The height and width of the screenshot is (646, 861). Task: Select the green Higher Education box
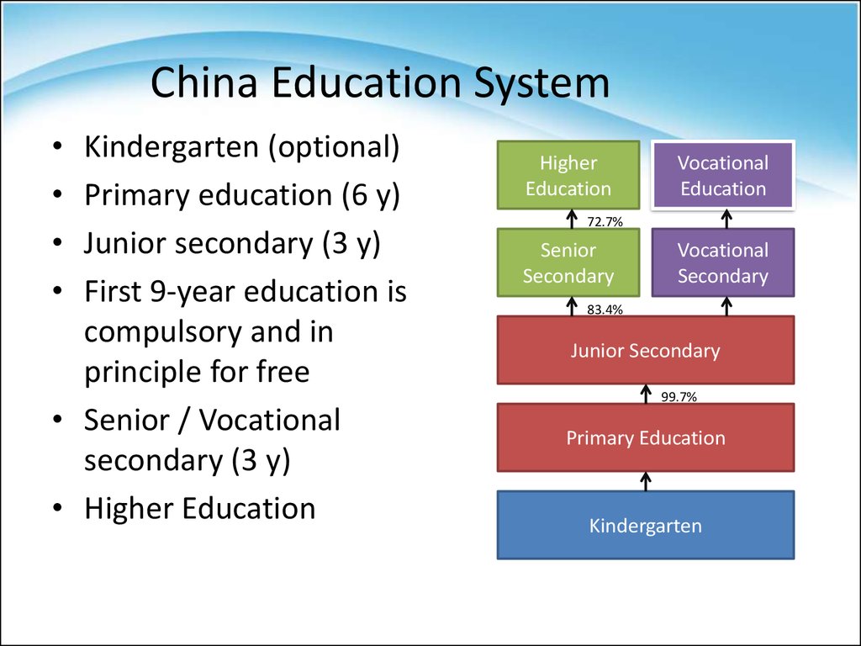pyautogui.click(x=568, y=176)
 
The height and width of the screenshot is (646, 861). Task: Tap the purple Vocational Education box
pyautogui.click(x=723, y=176)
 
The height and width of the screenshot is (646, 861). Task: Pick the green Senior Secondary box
pyautogui.click(x=568, y=262)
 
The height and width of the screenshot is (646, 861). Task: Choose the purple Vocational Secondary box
pyautogui.click(x=723, y=262)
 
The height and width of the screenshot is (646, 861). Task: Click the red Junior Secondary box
pyautogui.click(x=645, y=350)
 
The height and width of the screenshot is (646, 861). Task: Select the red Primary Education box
pyautogui.click(x=645, y=437)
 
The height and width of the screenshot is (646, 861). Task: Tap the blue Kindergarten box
pyautogui.click(x=645, y=526)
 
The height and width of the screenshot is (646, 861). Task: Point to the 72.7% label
pyautogui.click(x=605, y=222)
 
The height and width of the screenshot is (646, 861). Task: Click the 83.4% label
pyautogui.click(x=605, y=310)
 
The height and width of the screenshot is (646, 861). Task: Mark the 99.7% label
pyautogui.click(x=679, y=397)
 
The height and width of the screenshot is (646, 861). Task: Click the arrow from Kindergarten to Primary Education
pyautogui.click(x=646, y=481)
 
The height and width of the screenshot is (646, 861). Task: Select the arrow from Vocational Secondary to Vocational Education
pyautogui.click(x=726, y=219)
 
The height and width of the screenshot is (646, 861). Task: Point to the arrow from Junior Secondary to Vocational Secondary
pyautogui.click(x=726, y=306)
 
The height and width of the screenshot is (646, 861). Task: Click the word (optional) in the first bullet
pyautogui.click(x=334, y=148)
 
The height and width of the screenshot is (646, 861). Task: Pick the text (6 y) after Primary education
pyautogui.click(x=371, y=196)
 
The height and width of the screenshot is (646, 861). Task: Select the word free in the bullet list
pyautogui.click(x=280, y=372)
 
